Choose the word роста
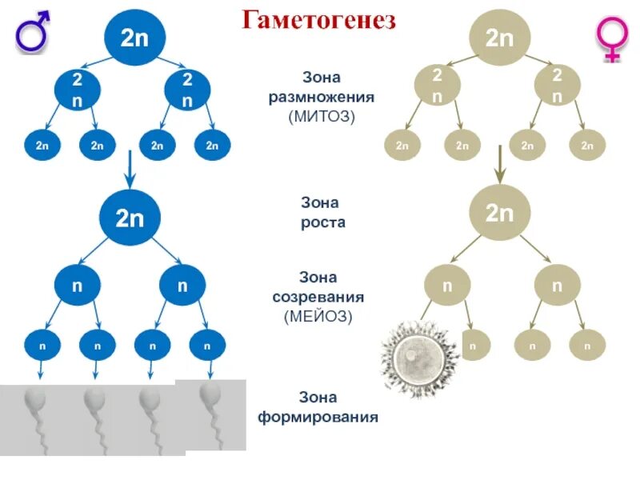[323, 222]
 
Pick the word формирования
[318, 417]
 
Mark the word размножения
[321, 97]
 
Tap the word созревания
[320, 296]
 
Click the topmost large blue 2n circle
[130, 38]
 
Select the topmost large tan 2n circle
[500, 38]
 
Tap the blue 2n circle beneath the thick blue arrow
[130, 218]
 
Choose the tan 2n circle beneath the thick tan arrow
[500, 214]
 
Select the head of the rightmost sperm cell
[210, 393]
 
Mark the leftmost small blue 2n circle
[42, 146]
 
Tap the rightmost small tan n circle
[587, 346]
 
